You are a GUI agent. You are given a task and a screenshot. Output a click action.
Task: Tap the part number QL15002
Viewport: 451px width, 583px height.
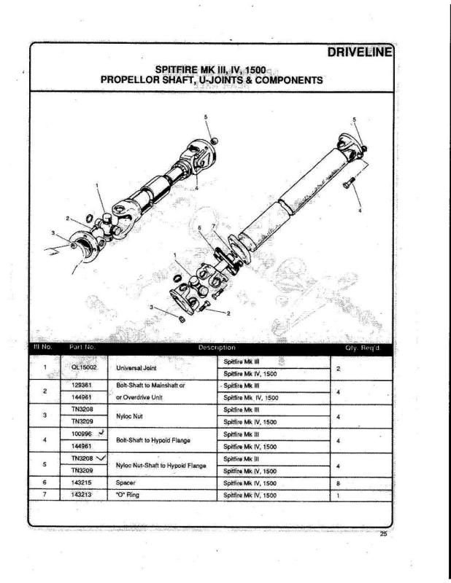(x=85, y=367)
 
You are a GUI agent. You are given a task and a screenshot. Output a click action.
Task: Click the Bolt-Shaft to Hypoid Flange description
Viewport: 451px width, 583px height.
(x=150, y=439)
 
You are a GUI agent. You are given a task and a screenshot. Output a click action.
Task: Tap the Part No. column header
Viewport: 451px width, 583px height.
(x=82, y=348)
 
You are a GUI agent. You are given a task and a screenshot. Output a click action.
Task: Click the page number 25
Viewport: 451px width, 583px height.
(x=384, y=534)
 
